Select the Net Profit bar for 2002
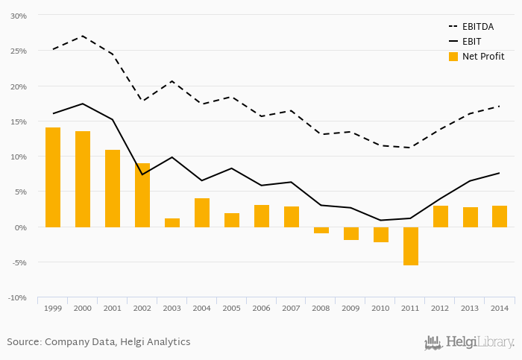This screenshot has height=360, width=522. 142,195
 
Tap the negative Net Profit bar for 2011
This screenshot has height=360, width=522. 411,246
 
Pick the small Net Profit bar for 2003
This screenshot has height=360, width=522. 172,223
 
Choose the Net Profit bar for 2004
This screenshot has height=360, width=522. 202,212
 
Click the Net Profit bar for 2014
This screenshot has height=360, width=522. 500,216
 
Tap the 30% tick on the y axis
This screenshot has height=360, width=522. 18,16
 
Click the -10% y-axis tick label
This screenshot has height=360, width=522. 16,298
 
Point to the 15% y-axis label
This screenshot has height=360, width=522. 18,121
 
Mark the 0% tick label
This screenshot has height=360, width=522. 20,227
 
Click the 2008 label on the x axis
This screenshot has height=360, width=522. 321,308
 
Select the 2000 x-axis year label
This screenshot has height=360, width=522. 83,308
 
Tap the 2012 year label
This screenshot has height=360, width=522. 441,308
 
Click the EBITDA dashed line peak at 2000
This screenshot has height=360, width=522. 83,36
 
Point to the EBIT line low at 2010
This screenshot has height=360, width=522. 381,220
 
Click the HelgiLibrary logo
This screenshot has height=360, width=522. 469,343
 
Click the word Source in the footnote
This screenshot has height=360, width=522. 24,342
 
